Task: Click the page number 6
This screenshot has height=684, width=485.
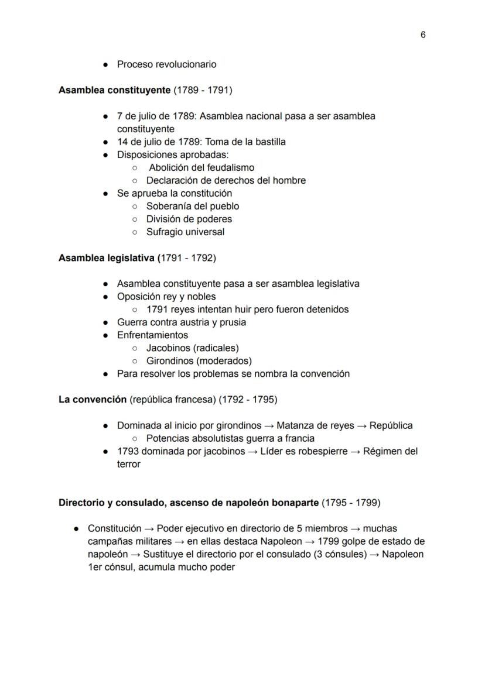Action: point(423,35)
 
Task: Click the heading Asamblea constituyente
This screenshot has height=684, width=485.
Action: point(114,90)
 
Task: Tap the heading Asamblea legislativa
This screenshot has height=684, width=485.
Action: point(107,257)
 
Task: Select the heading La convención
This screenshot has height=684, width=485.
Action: point(93,400)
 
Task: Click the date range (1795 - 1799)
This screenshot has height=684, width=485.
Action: point(351,503)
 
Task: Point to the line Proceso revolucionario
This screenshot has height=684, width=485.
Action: point(166,64)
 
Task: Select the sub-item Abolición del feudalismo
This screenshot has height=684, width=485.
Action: point(201,167)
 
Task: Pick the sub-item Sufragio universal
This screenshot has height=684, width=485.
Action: point(185,232)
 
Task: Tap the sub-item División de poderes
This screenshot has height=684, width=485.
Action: point(189,219)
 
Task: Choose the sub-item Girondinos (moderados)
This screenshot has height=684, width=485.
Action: point(199,361)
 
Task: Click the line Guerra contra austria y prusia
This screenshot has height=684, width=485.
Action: point(181,322)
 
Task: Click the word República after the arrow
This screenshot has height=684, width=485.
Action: point(391,425)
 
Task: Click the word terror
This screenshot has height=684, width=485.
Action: point(128,464)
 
